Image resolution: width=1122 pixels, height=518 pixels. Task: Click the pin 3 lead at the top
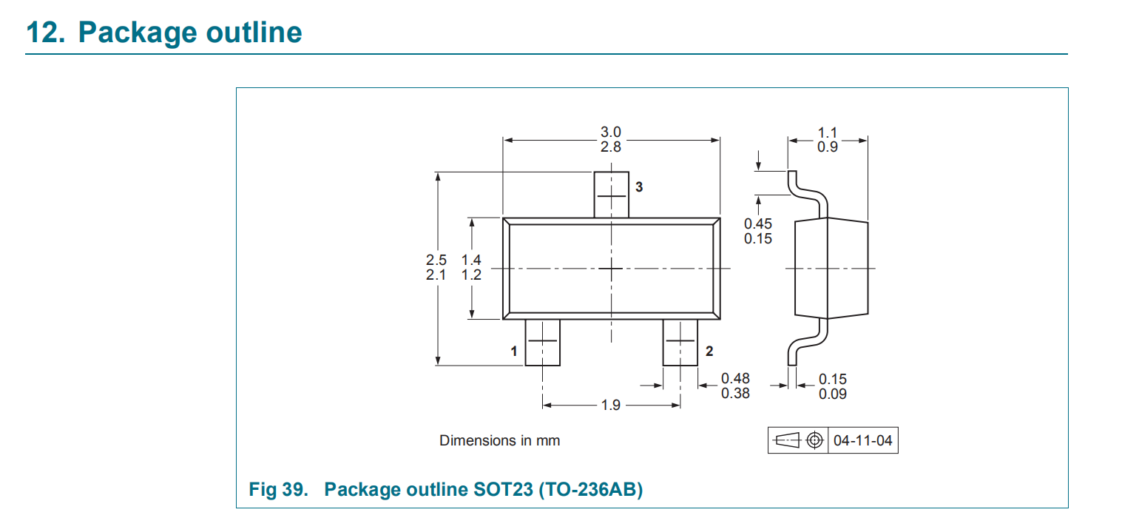coord(611,195)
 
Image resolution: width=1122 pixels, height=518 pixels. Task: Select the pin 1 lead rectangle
coord(542,342)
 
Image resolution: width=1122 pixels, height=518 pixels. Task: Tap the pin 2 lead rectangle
coord(680,342)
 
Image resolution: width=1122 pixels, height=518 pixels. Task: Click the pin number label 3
coord(639,187)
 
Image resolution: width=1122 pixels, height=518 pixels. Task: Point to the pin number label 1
coord(514,351)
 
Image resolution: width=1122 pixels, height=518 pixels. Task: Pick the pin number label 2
coord(709,351)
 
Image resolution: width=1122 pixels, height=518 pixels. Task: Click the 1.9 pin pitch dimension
coord(611,405)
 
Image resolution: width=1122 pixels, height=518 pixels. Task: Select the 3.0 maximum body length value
coord(611,132)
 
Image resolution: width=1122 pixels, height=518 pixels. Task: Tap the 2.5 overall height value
coord(436,260)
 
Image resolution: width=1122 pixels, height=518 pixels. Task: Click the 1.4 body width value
coord(471,260)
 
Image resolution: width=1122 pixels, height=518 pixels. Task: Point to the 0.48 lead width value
coord(735,378)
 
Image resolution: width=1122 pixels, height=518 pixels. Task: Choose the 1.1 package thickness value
coord(828,132)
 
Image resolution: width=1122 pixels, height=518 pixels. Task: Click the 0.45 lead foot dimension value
coord(758,223)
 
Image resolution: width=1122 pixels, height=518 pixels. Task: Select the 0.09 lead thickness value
coord(833,394)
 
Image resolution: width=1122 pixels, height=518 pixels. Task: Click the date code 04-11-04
coord(862,440)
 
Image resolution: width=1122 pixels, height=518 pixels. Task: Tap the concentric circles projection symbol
coord(815,440)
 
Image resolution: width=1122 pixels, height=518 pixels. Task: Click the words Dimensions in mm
coord(499,440)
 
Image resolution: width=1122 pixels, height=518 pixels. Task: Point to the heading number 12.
coord(46,33)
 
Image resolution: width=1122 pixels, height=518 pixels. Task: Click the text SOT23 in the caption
coord(503,489)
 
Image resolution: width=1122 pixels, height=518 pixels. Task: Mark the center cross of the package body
coord(611,269)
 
